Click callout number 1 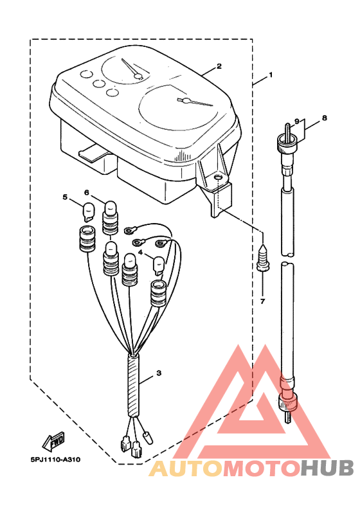coord(271,75)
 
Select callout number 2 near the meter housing coord(219,66)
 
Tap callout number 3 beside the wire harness coord(159,373)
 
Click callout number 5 coord(65,197)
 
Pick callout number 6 coord(87,193)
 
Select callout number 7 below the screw coord(262,301)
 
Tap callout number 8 coord(324,118)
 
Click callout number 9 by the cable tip coord(296,121)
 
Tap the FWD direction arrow coord(53,442)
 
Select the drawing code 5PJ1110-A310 coord(55,460)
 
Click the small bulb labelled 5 coord(89,212)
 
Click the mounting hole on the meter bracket coord(217,177)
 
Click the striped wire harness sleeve coord(134,386)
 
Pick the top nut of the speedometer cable coord(286,142)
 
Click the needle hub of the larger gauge coord(186,101)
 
